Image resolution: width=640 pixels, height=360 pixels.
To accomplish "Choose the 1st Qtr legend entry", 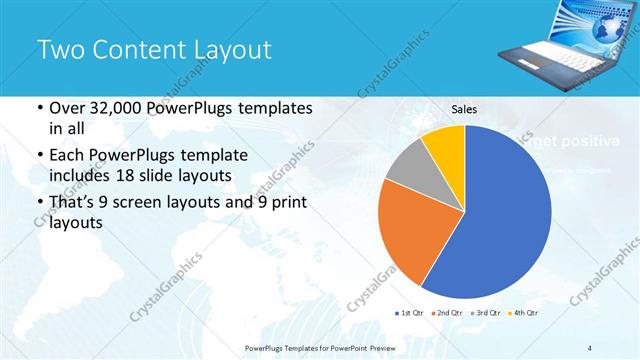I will click(x=411, y=313).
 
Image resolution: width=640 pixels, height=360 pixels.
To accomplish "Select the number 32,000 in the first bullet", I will click(x=119, y=108).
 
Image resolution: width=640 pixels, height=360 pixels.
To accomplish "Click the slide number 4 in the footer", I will click(x=591, y=347).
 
